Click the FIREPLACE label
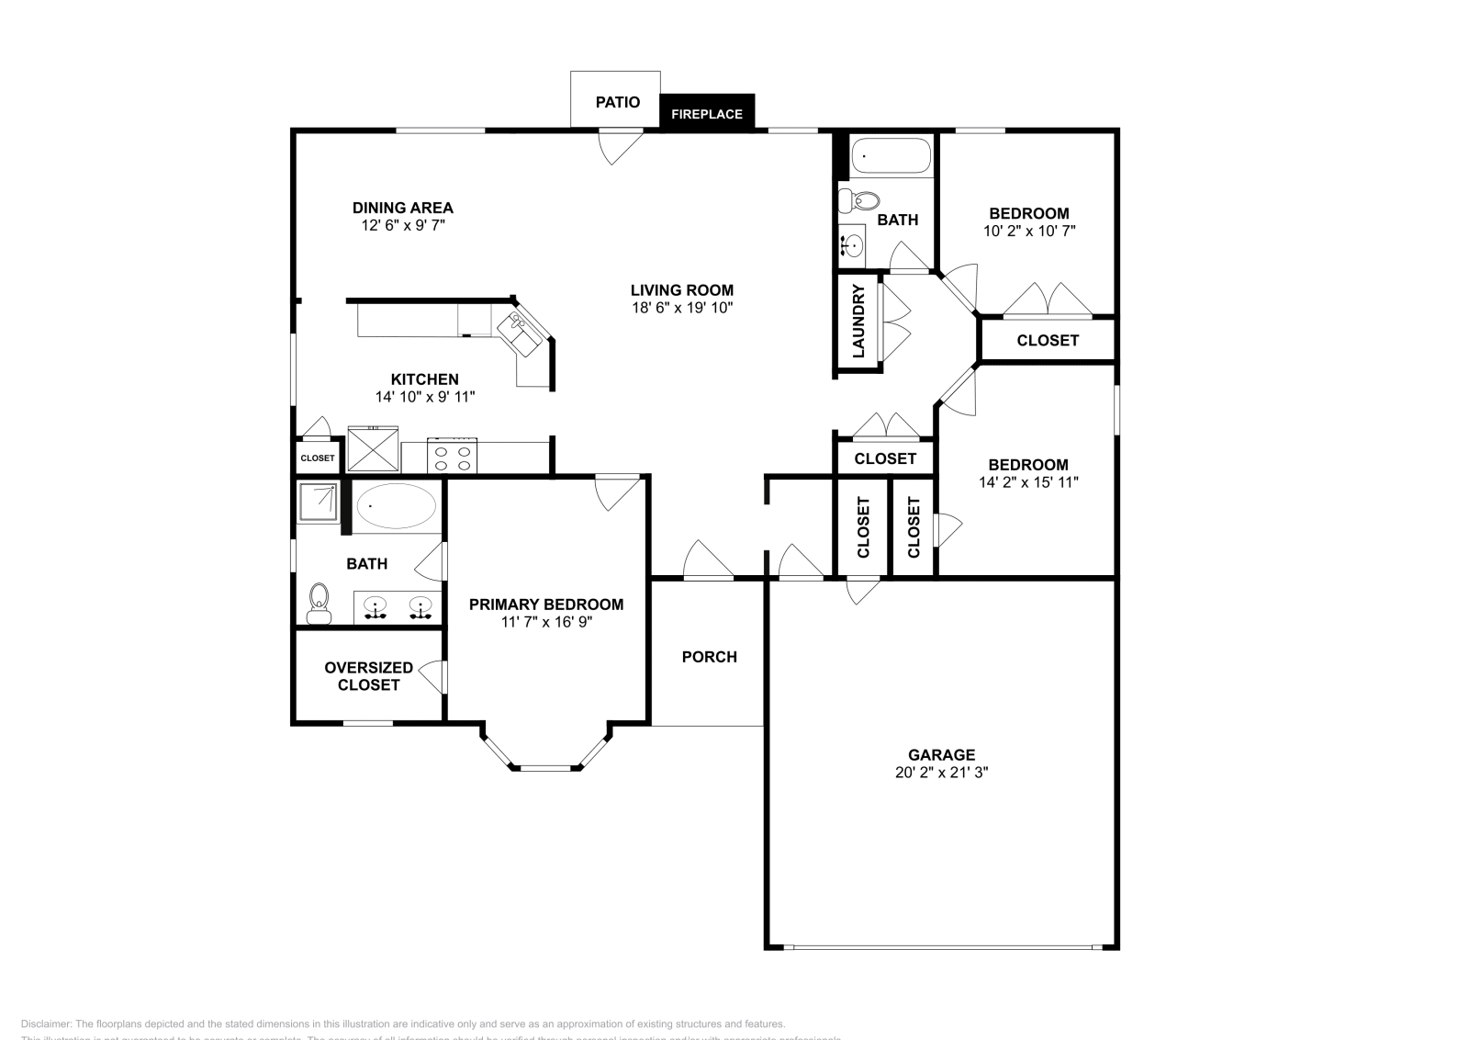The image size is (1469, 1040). coord(706,115)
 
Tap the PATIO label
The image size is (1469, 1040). coord(617,102)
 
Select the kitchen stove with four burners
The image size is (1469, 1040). coord(453,458)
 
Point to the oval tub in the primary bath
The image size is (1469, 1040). coord(396,506)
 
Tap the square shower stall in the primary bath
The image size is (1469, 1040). coord(319,502)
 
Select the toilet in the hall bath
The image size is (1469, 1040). coord(860,199)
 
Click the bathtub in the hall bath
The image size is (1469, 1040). coord(891,156)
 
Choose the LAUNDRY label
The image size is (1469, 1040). coord(858,321)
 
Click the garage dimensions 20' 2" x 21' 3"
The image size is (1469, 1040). coord(941,773)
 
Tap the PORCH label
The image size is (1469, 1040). coord(709,657)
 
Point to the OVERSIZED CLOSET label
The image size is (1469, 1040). coord(368,676)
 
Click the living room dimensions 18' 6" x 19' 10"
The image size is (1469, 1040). coord(681,309)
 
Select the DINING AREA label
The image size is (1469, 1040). coord(402,208)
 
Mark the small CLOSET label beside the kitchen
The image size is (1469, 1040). coord(318,458)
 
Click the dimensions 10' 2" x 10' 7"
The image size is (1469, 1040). coord(1028,232)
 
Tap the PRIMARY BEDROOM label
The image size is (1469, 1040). coord(545,605)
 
